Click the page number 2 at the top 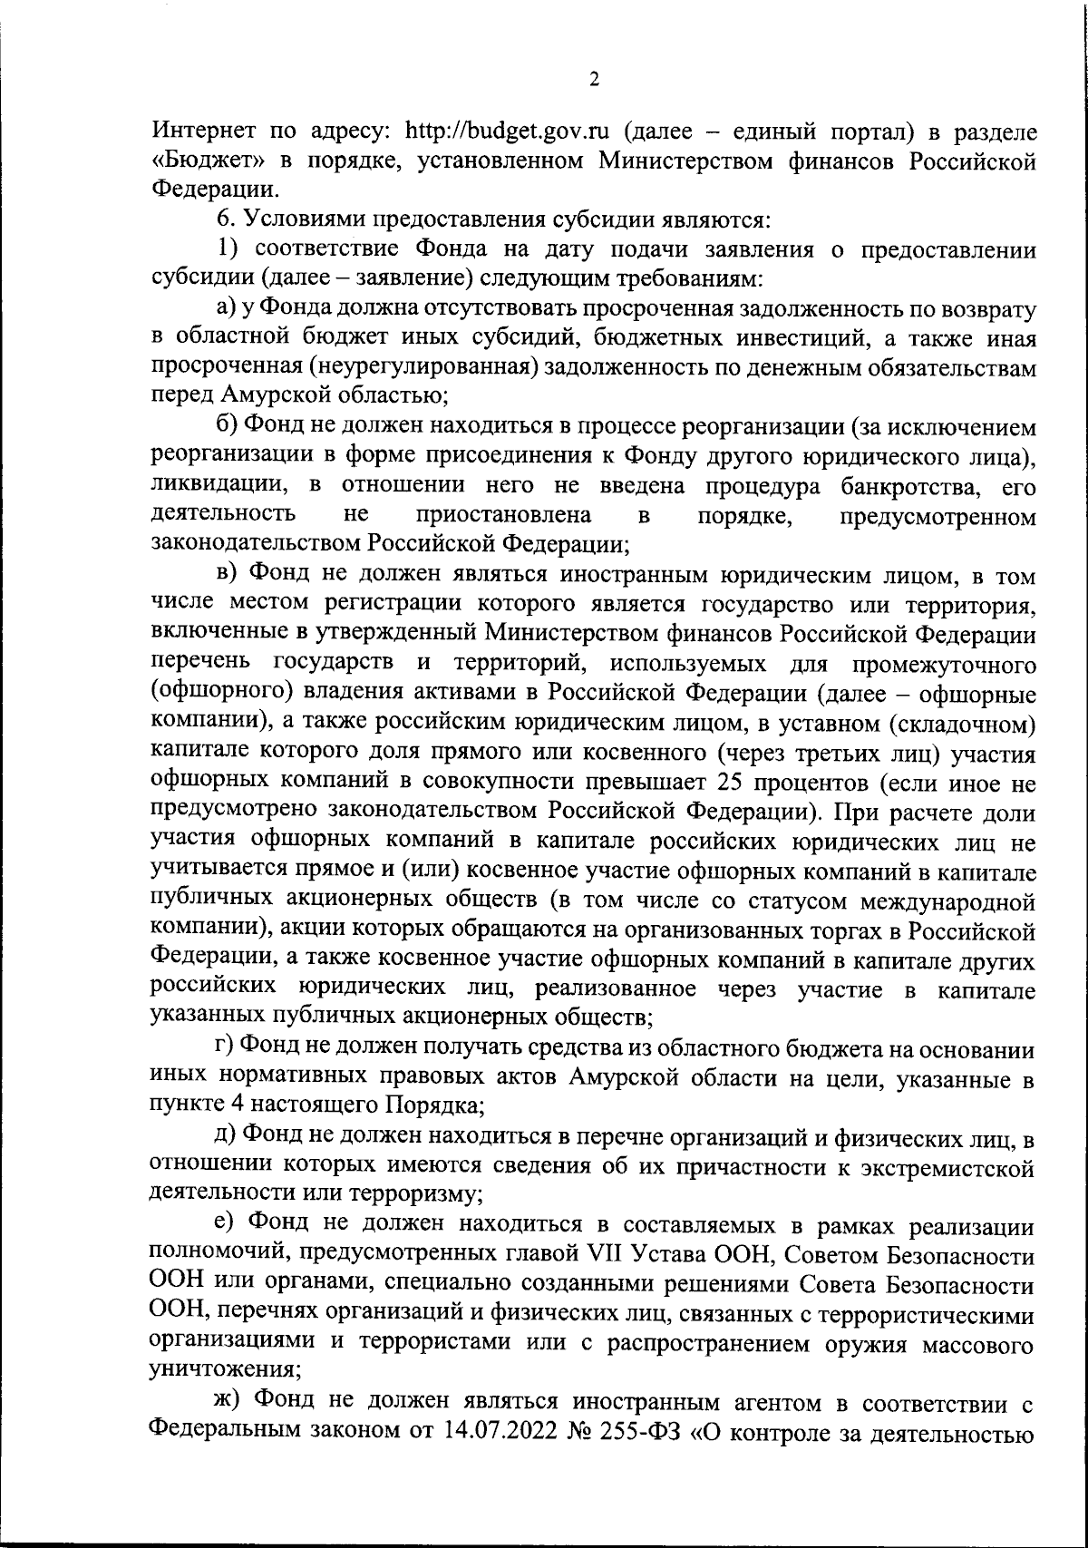click(594, 80)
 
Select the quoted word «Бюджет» click(199, 161)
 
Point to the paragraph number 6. click(224, 220)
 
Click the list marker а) click(228, 309)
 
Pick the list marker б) click(228, 426)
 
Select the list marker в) click(228, 574)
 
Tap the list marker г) click(226, 1048)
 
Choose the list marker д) click(228, 1136)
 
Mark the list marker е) click(227, 1225)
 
